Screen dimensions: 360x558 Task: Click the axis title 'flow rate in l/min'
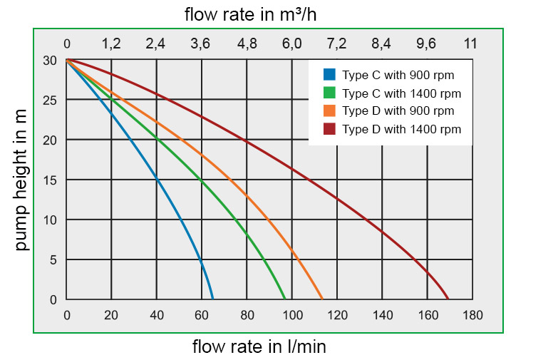[x=259, y=347]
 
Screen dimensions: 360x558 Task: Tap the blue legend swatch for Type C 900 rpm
[x=329, y=74]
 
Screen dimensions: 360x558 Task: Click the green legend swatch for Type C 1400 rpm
[x=329, y=93]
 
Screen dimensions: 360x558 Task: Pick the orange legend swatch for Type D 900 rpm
[x=329, y=110]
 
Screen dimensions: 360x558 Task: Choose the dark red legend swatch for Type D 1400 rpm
[x=329, y=128]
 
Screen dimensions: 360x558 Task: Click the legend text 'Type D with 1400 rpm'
[x=401, y=129]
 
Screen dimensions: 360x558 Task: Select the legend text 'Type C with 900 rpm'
[x=398, y=75]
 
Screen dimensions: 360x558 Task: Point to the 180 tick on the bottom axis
[x=472, y=315]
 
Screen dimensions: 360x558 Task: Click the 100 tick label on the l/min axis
[x=292, y=315]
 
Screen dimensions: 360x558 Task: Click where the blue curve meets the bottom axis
[x=212, y=299]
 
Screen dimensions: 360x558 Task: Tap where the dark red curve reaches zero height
[x=448, y=299]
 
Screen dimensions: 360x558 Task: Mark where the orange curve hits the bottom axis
[x=323, y=299]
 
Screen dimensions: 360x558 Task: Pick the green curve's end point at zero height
[x=285, y=299]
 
